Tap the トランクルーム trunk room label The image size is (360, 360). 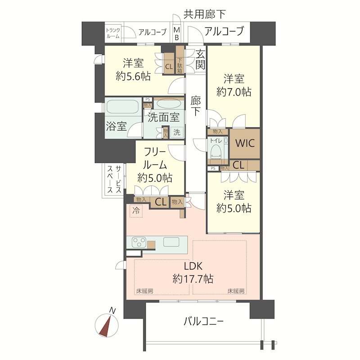point(112,33)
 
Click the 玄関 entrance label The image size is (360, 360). point(200,58)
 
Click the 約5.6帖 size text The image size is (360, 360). point(133,76)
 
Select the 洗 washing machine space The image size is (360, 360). point(177,132)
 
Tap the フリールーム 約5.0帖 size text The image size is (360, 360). point(155,177)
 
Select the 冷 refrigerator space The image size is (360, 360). point(136,210)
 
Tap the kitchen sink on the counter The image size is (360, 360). point(171,242)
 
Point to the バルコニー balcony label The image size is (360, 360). point(203,321)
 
